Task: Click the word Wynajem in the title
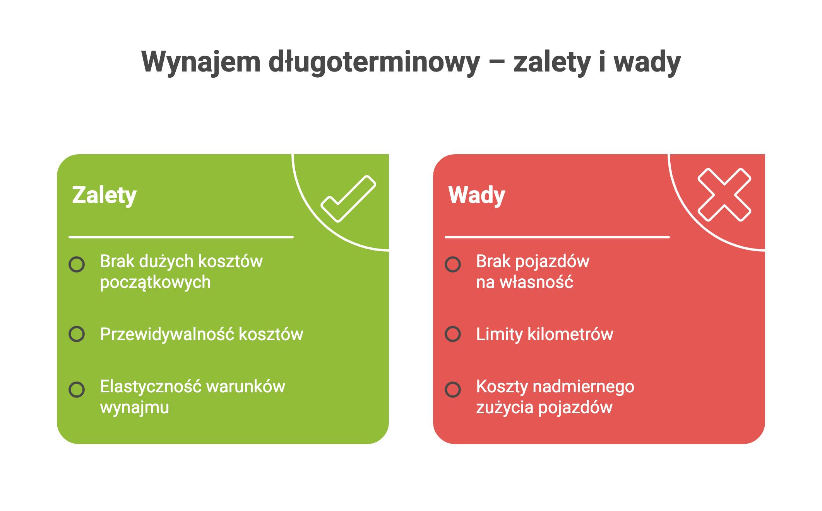point(201,62)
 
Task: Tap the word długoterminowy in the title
point(374,62)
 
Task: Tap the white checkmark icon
point(348,199)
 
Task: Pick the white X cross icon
point(724,195)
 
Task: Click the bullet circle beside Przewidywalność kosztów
point(77,334)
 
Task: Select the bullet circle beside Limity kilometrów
point(453,334)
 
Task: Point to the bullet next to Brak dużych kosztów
point(77,264)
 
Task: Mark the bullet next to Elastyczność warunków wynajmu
point(77,390)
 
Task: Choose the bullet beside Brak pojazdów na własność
point(453,264)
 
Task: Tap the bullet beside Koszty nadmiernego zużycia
point(453,390)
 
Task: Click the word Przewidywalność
point(167,334)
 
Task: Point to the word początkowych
point(155,283)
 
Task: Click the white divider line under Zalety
point(181,237)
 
